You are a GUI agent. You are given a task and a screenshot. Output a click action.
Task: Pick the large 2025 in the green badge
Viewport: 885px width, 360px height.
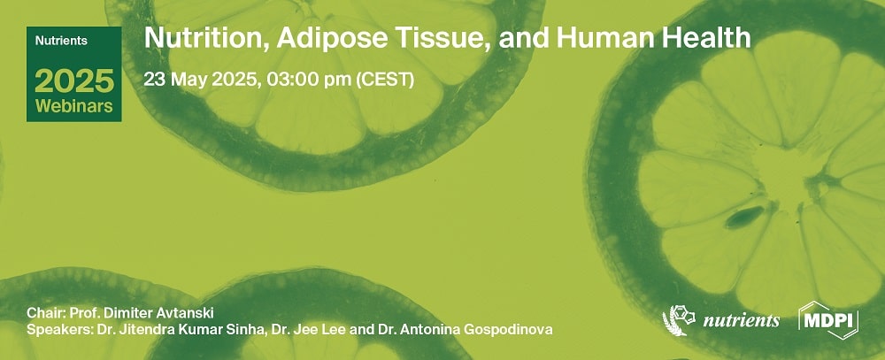(x=74, y=82)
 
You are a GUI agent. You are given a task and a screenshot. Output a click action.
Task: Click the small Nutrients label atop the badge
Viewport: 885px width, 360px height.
(x=59, y=40)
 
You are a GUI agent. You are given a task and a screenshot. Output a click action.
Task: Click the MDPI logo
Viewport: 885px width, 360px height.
(x=828, y=320)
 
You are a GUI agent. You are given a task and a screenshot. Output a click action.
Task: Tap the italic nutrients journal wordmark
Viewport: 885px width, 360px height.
(x=741, y=320)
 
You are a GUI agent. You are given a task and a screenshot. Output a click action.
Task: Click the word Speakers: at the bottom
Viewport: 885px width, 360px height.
(x=57, y=331)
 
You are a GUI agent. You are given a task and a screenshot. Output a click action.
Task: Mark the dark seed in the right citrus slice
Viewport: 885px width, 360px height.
(x=746, y=215)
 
